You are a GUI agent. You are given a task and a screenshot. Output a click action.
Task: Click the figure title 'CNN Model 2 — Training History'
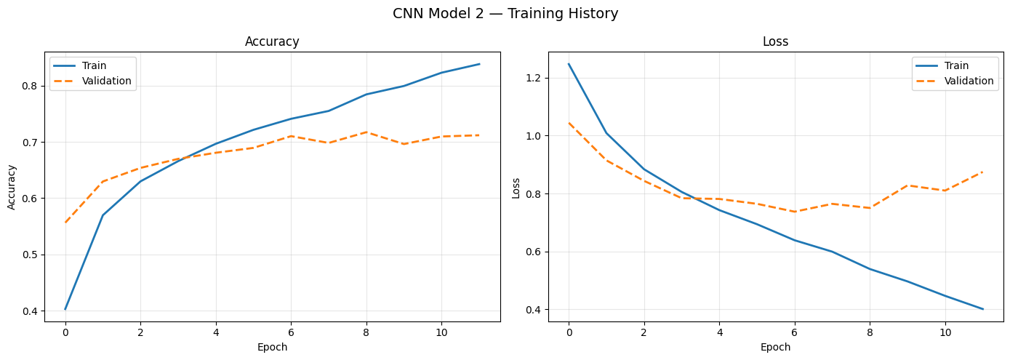coord(505,14)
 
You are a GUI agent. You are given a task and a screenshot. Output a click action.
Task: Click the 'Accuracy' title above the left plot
coord(272,42)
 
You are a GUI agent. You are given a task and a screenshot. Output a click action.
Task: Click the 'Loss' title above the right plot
coord(775,42)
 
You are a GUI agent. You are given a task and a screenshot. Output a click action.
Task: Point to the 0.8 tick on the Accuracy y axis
coord(32,86)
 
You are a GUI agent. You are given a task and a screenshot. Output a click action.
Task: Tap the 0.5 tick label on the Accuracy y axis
coord(32,255)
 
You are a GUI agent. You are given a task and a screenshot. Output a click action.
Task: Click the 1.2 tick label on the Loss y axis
coord(535,78)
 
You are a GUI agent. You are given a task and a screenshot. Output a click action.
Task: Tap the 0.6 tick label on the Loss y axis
coord(535,252)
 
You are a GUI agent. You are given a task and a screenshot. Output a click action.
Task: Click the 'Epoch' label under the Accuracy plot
coord(272,347)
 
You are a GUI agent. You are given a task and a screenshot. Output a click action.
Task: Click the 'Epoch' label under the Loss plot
coord(775,347)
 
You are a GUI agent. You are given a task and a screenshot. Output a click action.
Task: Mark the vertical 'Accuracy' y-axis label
coord(12,187)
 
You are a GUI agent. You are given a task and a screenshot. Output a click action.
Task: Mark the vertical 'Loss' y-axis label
coord(516,187)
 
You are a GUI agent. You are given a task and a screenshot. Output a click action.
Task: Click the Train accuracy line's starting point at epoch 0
coord(65,309)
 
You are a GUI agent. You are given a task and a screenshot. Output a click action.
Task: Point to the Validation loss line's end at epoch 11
coord(983,172)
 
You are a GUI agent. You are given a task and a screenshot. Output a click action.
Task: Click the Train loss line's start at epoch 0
coord(569,64)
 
